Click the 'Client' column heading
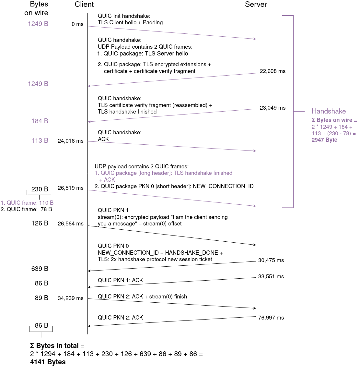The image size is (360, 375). [84, 5]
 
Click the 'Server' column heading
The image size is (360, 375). [256, 5]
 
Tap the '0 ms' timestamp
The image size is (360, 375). [77, 24]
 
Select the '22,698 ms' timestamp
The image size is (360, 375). [273, 71]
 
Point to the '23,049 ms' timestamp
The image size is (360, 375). [273, 108]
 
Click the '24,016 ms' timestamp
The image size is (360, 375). [70, 141]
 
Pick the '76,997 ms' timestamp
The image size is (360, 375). [271, 318]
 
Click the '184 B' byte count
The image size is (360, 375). [40, 121]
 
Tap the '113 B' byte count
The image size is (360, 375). [40, 141]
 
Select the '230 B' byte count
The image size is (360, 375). [40, 189]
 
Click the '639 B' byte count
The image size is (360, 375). [40, 269]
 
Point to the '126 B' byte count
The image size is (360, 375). [40, 224]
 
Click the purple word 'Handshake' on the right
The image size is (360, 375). [329, 111]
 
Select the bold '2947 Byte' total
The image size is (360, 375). [324, 140]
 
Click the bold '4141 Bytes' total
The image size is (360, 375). [48, 362]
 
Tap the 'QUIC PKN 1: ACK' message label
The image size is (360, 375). [120, 281]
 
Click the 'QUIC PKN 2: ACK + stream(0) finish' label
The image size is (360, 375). [142, 297]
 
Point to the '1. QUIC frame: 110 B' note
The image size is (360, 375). [27, 203]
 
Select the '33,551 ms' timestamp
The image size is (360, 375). [271, 277]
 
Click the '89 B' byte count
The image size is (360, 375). [41, 298]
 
